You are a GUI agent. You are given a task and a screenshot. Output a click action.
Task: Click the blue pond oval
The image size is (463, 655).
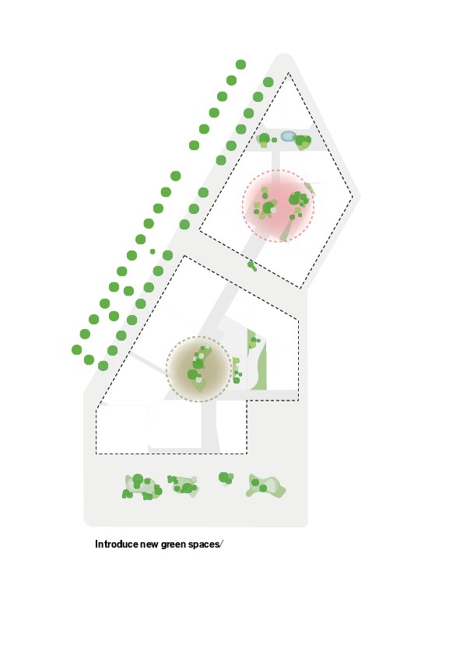pyautogui.click(x=289, y=136)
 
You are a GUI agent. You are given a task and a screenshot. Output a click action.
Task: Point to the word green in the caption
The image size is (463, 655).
pyautogui.click(x=173, y=545)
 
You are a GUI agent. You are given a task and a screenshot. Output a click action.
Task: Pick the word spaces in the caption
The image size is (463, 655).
pyautogui.click(x=204, y=545)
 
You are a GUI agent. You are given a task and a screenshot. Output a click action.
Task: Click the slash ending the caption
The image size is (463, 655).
pyautogui.click(x=222, y=545)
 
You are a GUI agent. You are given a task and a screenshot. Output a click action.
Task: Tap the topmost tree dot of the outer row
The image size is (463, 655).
pyautogui.click(x=240, y=65)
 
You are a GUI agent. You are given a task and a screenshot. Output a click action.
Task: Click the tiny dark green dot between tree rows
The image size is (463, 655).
pyautogui.click(x=153, y=251)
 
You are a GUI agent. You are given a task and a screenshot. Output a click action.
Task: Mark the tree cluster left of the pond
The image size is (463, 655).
pyautogui.click(x=264, y=139)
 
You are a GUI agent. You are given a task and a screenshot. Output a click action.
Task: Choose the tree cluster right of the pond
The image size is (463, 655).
pyautogui.click(x=303, y=142)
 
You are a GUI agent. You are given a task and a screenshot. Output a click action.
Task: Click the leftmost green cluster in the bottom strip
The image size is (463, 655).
pyautogui.click(x=142, y=487)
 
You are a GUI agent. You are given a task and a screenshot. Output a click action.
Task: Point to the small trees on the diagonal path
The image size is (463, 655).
pyautogui.click(x=252, y=266)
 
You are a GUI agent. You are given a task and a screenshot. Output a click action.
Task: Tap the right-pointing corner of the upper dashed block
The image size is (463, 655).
pyautogui.click(x=353, y=197)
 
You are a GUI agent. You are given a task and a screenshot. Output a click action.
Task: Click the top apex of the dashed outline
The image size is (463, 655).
pyautogui.click(x=289, y=73)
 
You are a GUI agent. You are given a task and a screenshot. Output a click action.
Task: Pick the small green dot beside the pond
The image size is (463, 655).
pyautogui.click(x=274, y=140)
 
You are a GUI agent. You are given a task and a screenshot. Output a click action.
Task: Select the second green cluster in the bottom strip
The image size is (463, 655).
pyautogui.click(x=183, y=486)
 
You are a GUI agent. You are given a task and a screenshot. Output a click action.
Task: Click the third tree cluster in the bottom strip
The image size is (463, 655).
pyautogui.click(x=226, y=478)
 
